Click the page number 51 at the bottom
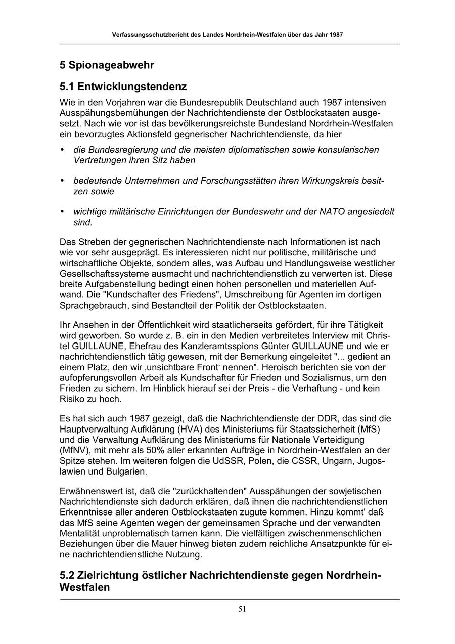242,609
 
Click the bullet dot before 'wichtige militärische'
62,211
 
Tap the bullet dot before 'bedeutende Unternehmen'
62,181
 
